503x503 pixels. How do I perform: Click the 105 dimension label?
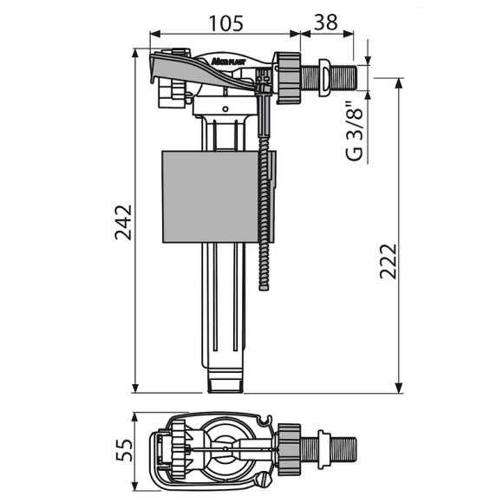click(225, 23)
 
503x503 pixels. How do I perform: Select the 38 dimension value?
click(325, 22)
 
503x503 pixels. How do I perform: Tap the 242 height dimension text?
click(123, 222)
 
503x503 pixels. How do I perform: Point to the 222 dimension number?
click(389, 261)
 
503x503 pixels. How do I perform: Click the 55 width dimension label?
click(124, 450)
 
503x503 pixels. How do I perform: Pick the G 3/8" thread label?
click(355, 132)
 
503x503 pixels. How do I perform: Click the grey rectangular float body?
click(219, 196)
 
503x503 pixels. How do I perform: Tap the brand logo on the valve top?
click(228, 62)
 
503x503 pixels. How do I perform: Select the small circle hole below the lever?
click(225, 109)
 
